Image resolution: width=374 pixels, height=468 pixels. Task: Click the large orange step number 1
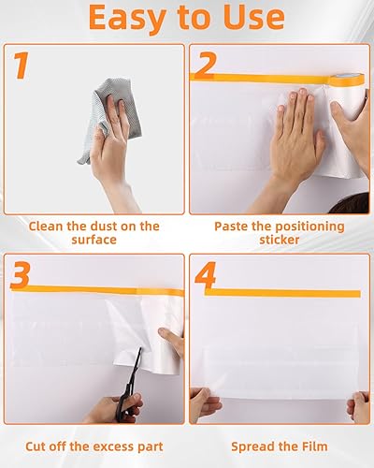point(22,66)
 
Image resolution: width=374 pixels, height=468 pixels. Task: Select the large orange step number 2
point(205,65)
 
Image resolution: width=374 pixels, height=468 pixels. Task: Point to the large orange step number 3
point(21,275)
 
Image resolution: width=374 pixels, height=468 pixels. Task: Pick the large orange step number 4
point(206,275)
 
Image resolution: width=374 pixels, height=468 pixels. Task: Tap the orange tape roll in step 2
point(347,80)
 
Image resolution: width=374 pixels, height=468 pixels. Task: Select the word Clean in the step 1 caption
point(46,227)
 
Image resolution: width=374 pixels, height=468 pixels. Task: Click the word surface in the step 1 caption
point(93,240)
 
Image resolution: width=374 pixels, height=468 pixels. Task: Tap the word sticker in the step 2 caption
point(280,240)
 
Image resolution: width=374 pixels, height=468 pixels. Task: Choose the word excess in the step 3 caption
point(114,446)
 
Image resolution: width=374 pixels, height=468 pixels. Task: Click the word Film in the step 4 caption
point(315,446)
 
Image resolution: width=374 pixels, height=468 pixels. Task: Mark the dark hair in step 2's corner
point(351,203)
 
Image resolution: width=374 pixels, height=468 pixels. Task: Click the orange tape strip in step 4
point(282,293)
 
